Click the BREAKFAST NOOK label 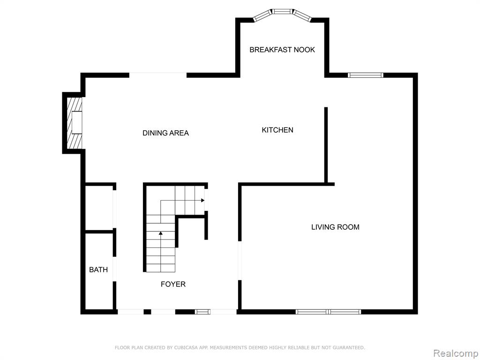282,50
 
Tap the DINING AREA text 165,133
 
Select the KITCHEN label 277,130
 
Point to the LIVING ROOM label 335,227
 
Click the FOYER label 173,284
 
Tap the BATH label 98,270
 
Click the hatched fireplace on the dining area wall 75,123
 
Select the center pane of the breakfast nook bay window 282,12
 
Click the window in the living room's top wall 366,75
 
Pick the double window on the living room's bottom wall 328,312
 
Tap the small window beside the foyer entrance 202,312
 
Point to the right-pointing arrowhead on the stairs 202,200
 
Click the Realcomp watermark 456,353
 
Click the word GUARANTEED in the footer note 349,347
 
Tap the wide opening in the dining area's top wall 158,75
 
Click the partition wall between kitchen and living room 326,145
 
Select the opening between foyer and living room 240,261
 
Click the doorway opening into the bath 114,269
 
